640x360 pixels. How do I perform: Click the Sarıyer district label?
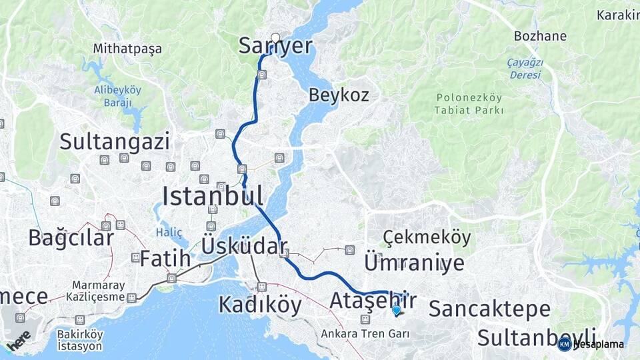point(275,46)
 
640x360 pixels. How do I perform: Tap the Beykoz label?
point(338,95)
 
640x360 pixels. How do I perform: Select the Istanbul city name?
point(213,196)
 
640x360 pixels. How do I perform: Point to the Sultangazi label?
point(114,141)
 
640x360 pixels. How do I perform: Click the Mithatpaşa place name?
point(127,49)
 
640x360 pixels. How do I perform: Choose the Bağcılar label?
point(71,237)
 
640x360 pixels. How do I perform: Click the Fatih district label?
point(161,259)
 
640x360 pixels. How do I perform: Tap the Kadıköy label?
point(260,305)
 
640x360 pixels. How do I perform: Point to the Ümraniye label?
point(414,263)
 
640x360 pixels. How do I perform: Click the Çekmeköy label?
point(427,237)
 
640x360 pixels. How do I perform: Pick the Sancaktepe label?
point(489,309)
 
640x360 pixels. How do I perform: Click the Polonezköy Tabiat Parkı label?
point(469,104)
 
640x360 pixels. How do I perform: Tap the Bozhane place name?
point(540,36)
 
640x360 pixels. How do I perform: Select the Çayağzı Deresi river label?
point(526,69)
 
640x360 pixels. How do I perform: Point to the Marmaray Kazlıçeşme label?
point(99,289)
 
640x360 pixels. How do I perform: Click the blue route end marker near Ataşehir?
point(397,309)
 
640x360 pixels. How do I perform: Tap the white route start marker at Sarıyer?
point(275,37)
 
